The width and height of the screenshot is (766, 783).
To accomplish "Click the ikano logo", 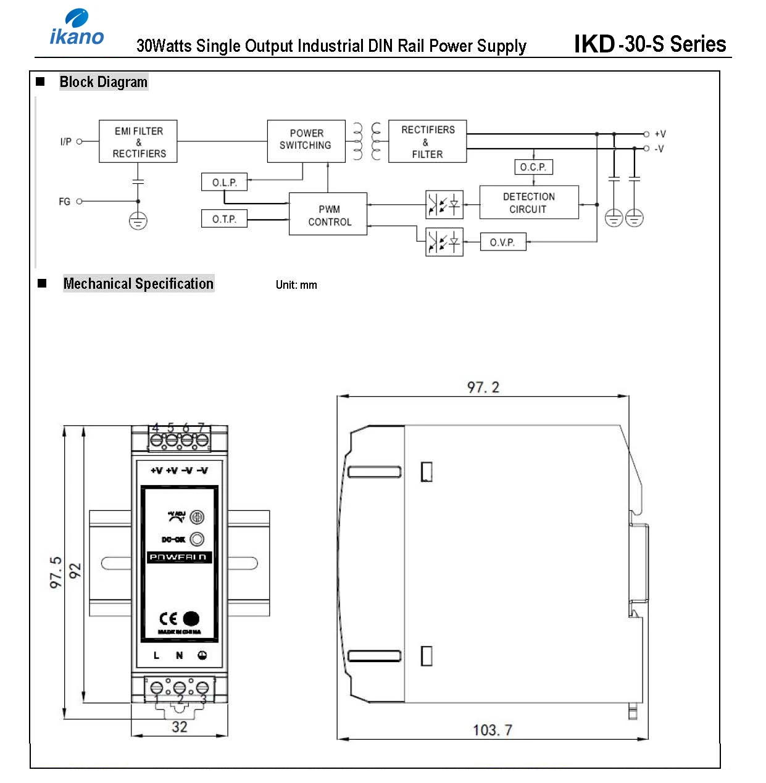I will coord(77,28).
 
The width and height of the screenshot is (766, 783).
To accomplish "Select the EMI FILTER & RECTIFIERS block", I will coord(138,142).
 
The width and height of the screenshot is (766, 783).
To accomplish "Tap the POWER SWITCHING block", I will coord(306,141).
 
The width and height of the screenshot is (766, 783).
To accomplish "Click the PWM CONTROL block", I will coord(328,215).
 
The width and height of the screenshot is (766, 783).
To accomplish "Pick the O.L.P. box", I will coord(224,183).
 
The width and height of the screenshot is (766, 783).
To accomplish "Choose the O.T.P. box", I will coord(224,219).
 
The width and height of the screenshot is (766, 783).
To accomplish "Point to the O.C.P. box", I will coord(533,167).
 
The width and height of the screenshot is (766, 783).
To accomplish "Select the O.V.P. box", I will coord(502,242).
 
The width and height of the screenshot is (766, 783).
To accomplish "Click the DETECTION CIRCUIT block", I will coord(529,203).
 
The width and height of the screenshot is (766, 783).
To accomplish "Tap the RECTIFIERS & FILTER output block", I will coord(427,142).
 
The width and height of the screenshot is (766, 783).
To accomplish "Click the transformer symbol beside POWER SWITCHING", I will coord(367,141).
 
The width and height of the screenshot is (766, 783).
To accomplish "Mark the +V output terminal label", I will coord(660,134).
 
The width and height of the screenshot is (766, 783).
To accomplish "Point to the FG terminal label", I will coord(64,202).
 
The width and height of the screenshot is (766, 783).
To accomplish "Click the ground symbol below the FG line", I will coord(138,221).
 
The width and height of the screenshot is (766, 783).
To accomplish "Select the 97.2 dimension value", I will coord(483,387).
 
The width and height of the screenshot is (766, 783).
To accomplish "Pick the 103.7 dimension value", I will coord(492,730).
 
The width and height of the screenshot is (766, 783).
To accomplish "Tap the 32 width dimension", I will coord(180,727).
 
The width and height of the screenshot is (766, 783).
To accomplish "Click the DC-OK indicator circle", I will coord(197,539).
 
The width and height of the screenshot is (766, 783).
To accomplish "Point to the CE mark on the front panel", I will coord(169,619).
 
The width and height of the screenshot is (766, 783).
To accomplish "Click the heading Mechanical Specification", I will coord(138,284).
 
